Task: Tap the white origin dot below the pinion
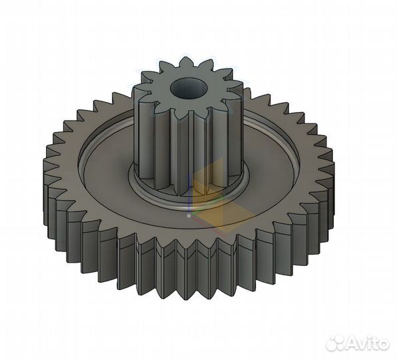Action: coord(189,216)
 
